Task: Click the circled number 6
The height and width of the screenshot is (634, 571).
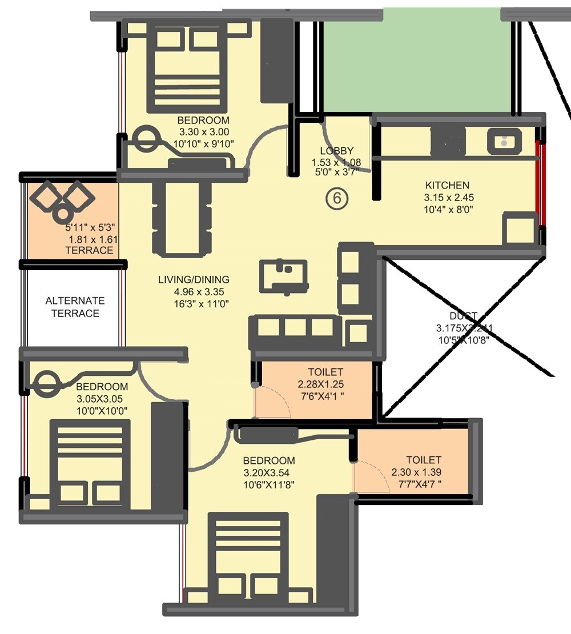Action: (337, 198)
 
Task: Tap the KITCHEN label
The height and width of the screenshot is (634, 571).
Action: (447, 185)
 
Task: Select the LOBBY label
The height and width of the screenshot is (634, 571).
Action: (336, 151)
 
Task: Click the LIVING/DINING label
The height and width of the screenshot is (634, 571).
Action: (194, 280)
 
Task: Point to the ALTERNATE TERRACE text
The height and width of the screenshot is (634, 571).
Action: (75, 307)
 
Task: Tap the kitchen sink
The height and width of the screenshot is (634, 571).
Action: (504, 141)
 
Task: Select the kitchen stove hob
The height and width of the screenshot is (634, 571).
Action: (448, 141)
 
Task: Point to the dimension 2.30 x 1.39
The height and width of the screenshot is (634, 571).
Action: (416, 472)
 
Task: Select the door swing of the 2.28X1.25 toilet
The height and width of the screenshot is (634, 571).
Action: (273, 402)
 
